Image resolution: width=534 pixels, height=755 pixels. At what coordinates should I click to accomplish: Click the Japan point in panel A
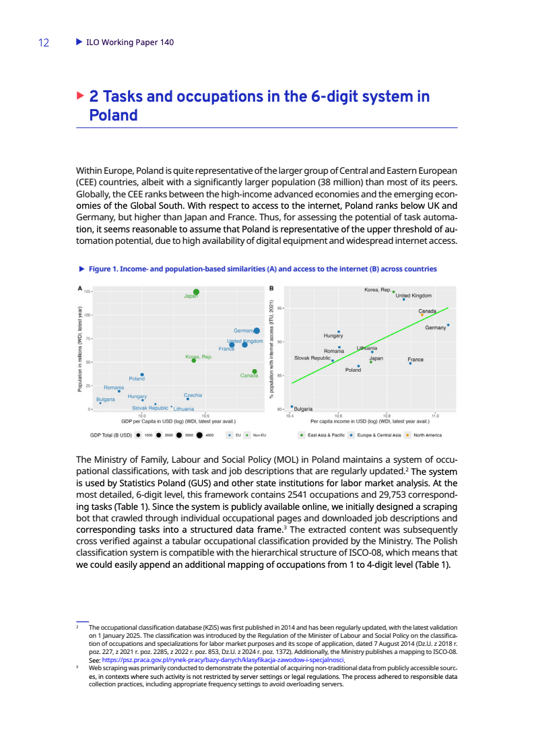[196, 292]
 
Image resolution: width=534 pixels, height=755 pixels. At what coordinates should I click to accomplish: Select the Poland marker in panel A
[142, 374]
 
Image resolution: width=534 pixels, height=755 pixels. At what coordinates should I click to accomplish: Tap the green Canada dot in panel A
[255, 371]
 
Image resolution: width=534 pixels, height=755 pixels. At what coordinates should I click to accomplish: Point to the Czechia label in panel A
[193, 395]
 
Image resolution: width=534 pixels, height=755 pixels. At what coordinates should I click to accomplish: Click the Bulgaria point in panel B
[292, 406]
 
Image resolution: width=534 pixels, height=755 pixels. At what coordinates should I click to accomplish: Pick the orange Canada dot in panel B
[422, 315]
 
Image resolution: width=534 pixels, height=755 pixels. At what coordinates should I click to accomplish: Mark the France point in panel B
[410, 363]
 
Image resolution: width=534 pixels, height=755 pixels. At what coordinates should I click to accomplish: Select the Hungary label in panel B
[333, 335]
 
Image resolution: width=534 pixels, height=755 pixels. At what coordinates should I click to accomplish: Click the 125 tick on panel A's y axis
[88, 291]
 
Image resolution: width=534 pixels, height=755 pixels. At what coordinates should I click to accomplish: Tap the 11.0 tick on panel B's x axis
[435, 416]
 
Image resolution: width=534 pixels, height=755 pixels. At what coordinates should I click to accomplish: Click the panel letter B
[271, 289]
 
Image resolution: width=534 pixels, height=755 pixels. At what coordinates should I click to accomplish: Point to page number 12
[44, 42]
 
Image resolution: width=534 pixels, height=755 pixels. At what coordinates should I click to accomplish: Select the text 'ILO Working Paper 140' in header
[130, 42]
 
